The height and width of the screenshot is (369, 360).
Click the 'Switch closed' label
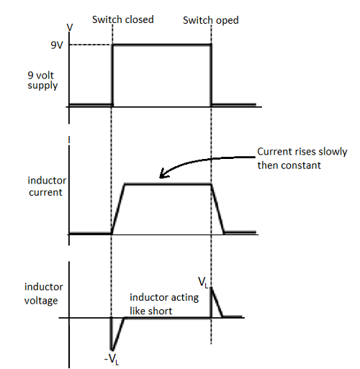122,19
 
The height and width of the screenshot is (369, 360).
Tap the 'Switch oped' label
210,20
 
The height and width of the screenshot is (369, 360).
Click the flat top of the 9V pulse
161,45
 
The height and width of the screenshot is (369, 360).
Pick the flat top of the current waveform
168,184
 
